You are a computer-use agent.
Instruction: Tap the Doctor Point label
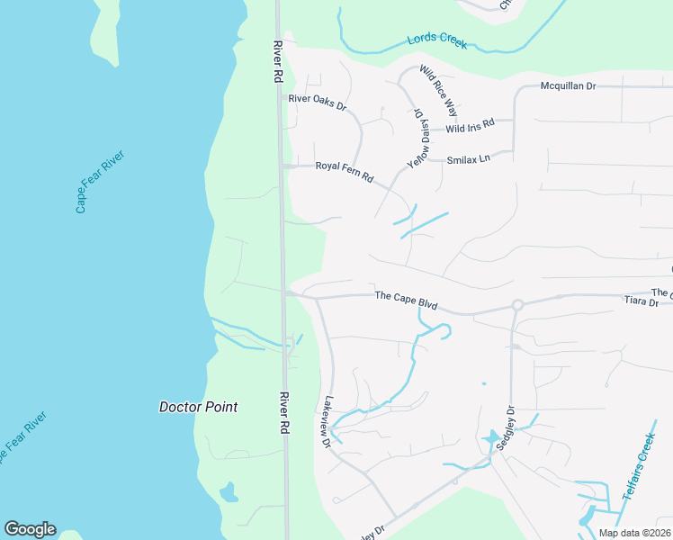pyautogui.click(x=198, y=407)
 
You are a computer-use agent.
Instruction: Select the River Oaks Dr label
pyautogui.click(x=317, y=102)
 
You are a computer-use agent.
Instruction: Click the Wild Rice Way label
pyautogui.click(x=440, y=90)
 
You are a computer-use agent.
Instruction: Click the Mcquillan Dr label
pyautogui.click(x=568, y=86)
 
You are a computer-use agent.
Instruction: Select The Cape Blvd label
pyautogui.click(x=406, y=300)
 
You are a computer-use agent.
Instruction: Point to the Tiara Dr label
pyautogui.click(x=642, y=304)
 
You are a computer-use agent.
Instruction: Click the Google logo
pyautogui.click(x=30, y=529)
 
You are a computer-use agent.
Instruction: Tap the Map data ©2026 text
pyautogui.click(x=634, y=533)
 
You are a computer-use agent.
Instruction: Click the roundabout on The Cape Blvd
pyautogui.click(x=517, y=305)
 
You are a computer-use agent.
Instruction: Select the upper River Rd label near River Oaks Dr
pyautogui.click(x=279, y=62)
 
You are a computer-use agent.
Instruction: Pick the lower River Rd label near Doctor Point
pyautogui.click(x=284, y=413)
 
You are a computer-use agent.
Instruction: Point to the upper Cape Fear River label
pyautogui.click(x=100, y=182)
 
